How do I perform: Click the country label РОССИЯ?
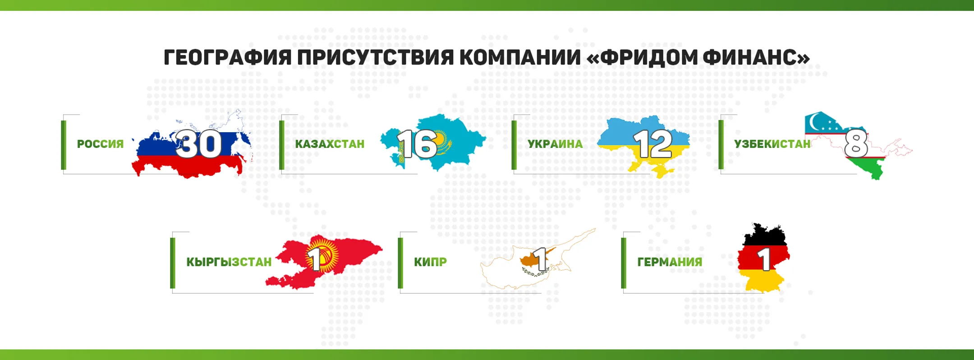tap(100, 144)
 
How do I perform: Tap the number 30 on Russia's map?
tap(198, 144)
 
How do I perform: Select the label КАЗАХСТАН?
tap(330, 144)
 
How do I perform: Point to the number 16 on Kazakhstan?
tap(417, 144)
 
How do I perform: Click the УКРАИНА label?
tap(555, 144)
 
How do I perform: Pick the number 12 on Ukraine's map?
tap(652, 144)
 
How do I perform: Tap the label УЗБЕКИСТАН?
tap(772, 144)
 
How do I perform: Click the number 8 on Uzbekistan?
tap(855, 144)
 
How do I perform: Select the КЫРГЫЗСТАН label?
tap(229, 262)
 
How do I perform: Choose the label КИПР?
tap(430, 262)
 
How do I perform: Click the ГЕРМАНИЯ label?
tap(670, 262)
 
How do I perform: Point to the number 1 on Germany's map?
tap(763, 259)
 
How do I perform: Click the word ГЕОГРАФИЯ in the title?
tap(227, 58)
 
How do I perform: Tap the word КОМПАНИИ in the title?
tap(520, 58)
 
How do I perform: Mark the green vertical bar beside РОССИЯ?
tap(64, 145)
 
